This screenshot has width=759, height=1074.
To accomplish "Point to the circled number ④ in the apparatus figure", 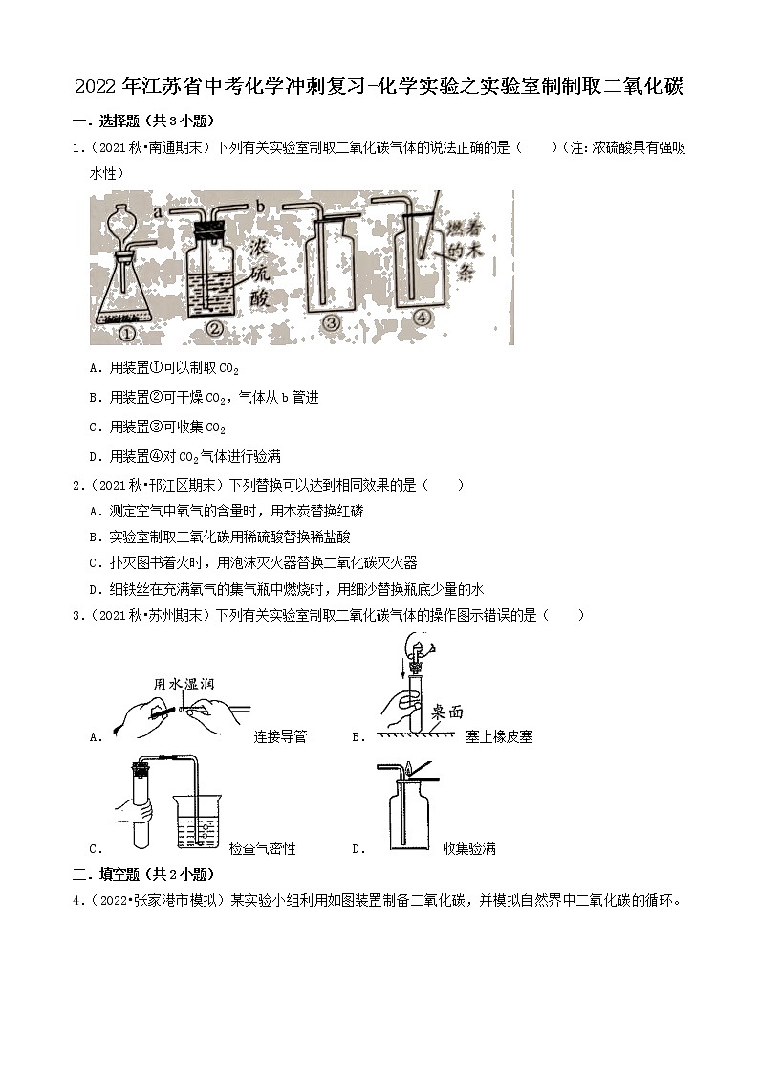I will [x=423, y=320].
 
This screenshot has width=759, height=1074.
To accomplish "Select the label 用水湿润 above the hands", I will [x=182, y=684].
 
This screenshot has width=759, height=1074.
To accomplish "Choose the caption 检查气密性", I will [x=262, y=848].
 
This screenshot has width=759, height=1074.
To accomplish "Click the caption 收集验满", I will [x=469, y=848].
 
